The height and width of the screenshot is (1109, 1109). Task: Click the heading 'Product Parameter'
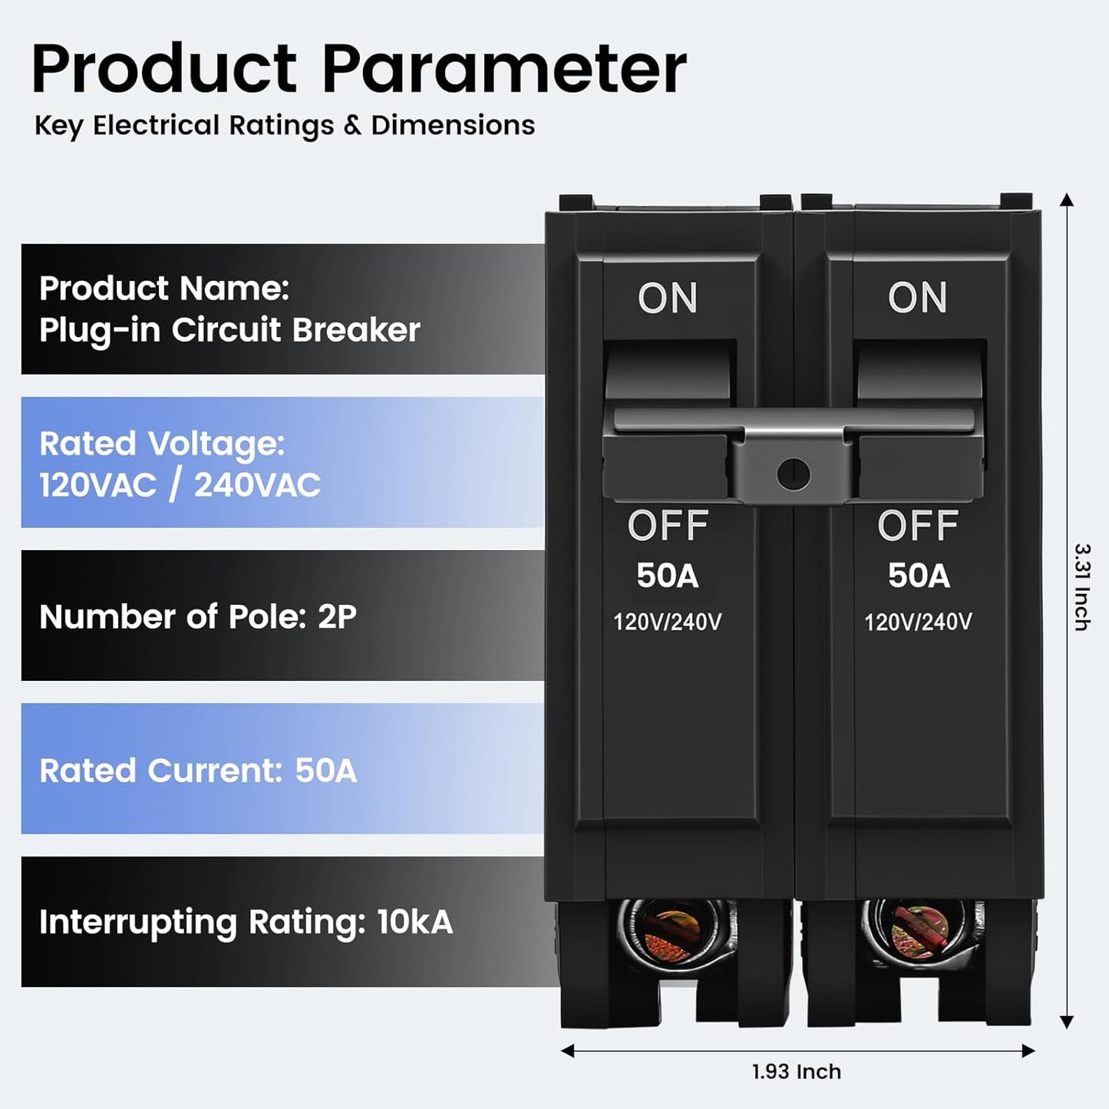coord(359,69)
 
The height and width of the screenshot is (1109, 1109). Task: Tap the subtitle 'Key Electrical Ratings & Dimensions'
coord(285,126)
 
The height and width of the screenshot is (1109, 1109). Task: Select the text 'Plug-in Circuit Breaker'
coord(229,330)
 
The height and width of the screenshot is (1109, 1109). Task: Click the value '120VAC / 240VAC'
coord(180,484)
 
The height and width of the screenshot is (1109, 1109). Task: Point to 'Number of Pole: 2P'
coord(198,617)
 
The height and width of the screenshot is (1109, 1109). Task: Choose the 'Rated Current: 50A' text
coord(198,770)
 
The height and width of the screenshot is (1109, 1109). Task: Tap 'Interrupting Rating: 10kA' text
coord(246,922)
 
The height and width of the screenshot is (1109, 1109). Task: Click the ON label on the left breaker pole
coord(668,298)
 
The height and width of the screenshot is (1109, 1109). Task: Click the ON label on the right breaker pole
coord(917,298)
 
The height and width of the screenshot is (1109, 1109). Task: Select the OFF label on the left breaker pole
coord(668,526)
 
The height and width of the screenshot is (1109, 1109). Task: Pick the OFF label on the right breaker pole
coord(918,526)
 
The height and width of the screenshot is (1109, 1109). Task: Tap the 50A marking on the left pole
coord(668,576)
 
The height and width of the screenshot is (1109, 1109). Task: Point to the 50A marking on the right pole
coord(919,576)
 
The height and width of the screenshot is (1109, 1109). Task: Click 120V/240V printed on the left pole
coord(668,622)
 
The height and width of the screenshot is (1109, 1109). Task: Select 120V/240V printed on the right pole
coord(919,622)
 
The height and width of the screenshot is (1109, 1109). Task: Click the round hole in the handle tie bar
coord(793,474)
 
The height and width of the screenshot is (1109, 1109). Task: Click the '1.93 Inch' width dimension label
coord(797,1071)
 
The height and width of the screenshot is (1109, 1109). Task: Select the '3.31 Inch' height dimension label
coord(1082,586)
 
